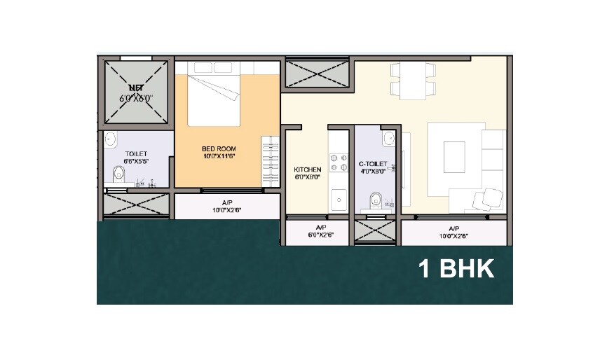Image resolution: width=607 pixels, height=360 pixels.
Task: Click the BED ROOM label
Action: tap(218, 149)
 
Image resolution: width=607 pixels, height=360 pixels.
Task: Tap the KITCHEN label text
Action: tap(307, 169)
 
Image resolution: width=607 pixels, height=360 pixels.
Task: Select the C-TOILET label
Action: tap(372, 164)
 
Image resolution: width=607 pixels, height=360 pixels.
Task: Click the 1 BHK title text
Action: tap(456, 268)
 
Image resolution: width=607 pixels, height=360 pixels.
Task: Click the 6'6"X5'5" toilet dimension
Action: tap(136, 161)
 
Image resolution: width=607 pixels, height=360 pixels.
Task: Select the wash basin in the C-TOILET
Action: tap(388, 139)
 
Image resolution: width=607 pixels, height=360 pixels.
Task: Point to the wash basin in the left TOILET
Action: tap(109, 140)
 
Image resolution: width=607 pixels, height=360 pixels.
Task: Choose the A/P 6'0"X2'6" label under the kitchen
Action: tap(321, 232)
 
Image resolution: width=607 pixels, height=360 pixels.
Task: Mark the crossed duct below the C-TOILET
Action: tap(376, 232)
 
